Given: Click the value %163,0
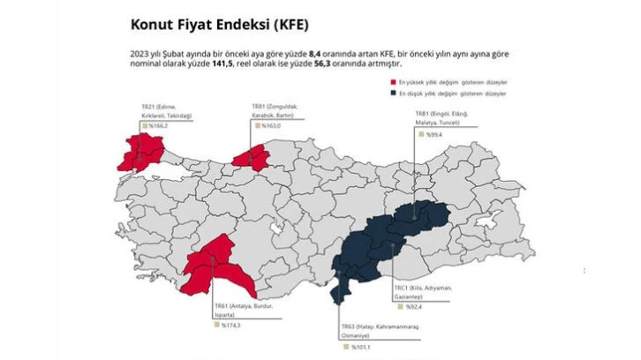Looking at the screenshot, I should (271, 126).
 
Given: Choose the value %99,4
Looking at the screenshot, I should (434, 137).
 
